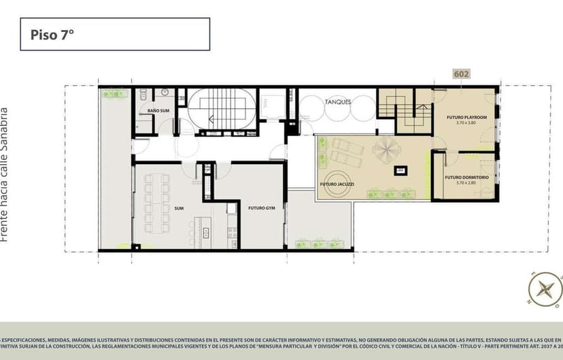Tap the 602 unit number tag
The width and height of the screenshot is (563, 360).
click(461, 74)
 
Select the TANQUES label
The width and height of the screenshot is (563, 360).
click(337, 101)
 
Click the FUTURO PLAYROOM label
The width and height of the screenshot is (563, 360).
click(466, 118)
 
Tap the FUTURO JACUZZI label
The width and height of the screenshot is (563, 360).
click(336, 185)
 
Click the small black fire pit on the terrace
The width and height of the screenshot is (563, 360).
click(399, 170)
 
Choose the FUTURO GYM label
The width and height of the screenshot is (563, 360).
click(260, 208)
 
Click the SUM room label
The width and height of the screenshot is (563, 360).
click(179, 208)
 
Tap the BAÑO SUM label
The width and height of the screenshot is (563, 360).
click(158, 110)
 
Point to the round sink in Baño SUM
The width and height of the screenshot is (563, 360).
click(165, 93)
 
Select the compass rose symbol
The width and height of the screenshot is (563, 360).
click(543, 289)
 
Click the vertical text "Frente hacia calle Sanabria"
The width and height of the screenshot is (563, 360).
click(5, 174)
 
